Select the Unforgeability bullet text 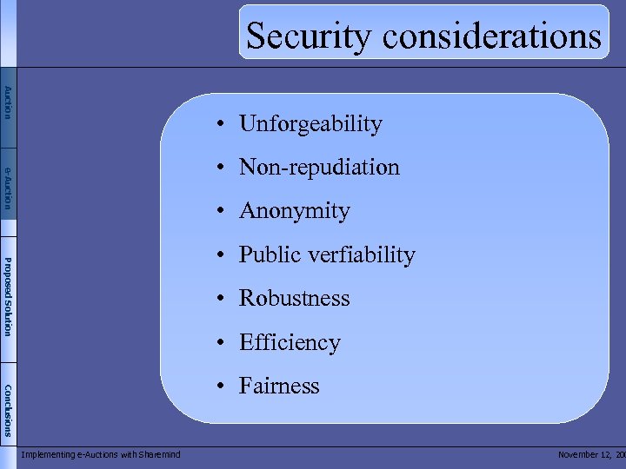tap(310, 124)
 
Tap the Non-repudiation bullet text tap(319, 167)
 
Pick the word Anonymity tap(294, 211)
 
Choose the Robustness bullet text tap(294, 298)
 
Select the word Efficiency tap(290, 342)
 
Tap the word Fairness tap(279, 386)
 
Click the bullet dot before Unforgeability tap(223, 125)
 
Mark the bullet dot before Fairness tap(223, 386)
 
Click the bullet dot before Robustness tap(223, 299)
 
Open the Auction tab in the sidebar tap(8, 102)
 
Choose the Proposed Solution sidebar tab tap(8, 296)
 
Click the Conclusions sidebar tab tap(8, 409)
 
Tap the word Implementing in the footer tap(48, 454)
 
